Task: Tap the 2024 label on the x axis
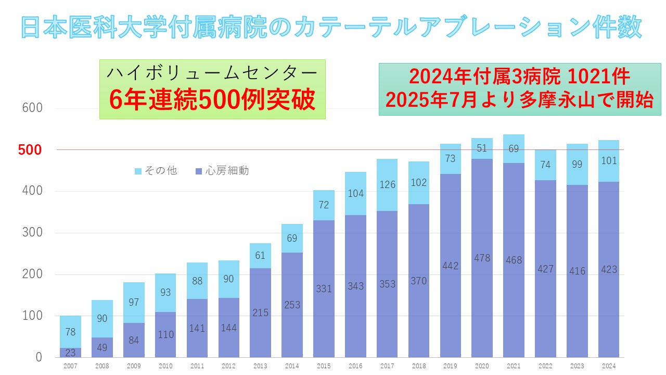click(608, 366)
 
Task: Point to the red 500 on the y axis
click(30, 150)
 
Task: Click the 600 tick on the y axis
click(32, 108)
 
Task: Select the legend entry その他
click(156, 171)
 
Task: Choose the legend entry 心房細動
click(221, 171)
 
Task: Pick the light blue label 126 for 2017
click(387, 184)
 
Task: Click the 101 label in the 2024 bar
click(608, 160)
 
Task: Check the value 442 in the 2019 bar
click(451, 266)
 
